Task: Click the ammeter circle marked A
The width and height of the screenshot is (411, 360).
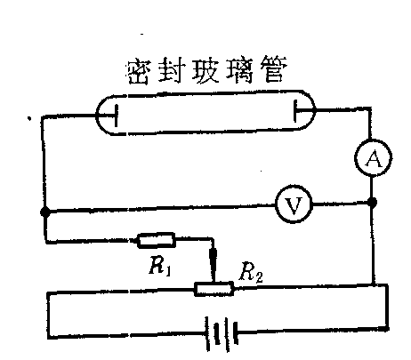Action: (x=374, y=158)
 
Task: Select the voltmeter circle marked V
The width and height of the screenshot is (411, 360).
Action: (x=294, y=204)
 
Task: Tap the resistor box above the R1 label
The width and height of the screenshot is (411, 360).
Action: (x=156, y=240)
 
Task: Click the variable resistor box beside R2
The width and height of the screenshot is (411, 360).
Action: (x=214, y=289)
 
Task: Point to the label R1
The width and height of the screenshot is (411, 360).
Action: (x=160, y=267)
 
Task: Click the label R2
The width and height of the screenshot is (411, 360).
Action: (x=251, y=273)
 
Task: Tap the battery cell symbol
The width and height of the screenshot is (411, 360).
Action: (x=222, y=332)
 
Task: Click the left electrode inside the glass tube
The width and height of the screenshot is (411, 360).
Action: (x=116, y=115)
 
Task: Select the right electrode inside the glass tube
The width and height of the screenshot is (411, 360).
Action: (x=295, y=111)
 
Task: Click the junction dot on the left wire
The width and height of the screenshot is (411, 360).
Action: (x=45, y=212)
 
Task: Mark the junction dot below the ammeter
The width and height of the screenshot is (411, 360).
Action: (x=372, y=203)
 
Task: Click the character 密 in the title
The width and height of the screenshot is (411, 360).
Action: (x=139, y=72)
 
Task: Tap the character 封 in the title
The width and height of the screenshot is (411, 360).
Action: (x=171, y=71)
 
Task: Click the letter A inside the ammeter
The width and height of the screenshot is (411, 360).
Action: (x=374, y=158)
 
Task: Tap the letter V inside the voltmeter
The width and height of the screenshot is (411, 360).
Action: (x=294, y=205)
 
